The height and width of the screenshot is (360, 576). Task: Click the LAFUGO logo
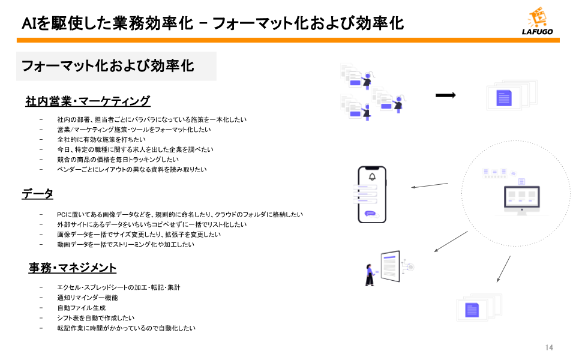click(537, 23)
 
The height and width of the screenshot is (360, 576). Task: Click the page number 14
click(549, 347)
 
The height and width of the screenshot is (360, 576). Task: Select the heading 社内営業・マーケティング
click(88, 101)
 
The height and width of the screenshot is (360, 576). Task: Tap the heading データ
click(38, 194)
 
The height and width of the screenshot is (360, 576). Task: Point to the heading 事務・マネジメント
click(72, 268)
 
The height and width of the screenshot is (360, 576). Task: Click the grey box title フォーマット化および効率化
click(108, 66)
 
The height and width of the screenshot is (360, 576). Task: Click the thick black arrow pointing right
click(445, 95)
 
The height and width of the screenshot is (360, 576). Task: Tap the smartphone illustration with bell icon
click(371, 193)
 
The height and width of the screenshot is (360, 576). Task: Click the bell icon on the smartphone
click(372, 176)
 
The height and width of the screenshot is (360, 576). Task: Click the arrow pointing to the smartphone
click(430, 185)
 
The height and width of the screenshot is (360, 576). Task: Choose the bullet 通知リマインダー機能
click(87, 298)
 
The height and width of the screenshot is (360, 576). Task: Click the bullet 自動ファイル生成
click(81, 308)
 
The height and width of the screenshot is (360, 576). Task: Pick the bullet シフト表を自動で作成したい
click(95, 318)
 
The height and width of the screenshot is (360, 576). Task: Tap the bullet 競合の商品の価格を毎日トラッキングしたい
click(118, 160)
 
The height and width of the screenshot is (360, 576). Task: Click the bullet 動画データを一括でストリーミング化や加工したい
click(125, 245)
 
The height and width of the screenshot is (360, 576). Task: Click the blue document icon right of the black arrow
click(503, 98)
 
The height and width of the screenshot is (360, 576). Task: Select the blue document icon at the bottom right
click(472, 310)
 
